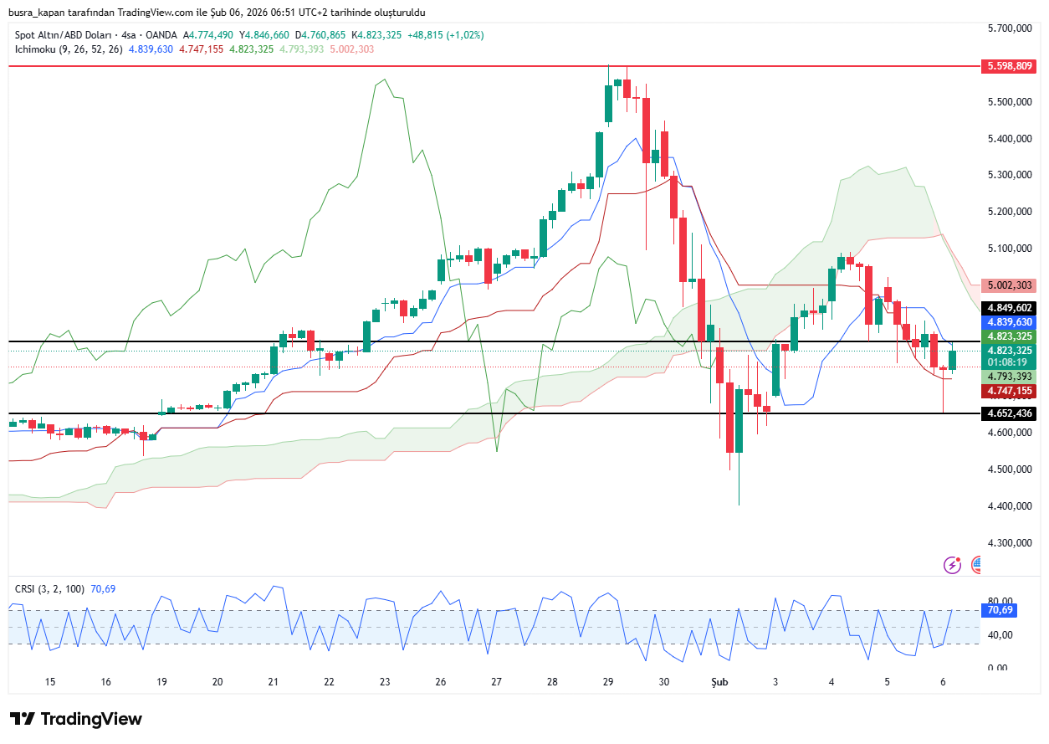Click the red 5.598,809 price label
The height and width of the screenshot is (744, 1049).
coord(1011,65)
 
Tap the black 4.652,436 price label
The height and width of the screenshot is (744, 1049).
coord(1011,413)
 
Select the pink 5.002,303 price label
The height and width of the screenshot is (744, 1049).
coord(1011,285)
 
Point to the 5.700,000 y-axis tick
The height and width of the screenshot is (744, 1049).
coord(1009,28)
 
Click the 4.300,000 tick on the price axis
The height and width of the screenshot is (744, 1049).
coord(1009,542)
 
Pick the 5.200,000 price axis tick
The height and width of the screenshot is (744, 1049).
coord(1009,212)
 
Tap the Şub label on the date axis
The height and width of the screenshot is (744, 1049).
coord(719,682)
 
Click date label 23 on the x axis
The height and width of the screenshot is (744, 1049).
coord(385,682)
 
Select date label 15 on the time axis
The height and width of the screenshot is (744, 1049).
coord(50,682)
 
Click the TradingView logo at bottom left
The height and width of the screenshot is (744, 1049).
coord(76,719)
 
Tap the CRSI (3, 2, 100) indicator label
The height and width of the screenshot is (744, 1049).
coord(49,589)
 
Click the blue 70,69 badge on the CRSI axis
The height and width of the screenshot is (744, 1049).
coord(1000,610)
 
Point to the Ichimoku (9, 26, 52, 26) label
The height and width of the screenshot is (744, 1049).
coord(69,49)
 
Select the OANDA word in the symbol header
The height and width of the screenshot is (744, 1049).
coord(162,35)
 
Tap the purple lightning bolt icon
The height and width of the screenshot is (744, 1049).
coord(952,565)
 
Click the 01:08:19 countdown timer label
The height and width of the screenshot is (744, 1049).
coord(1010,362)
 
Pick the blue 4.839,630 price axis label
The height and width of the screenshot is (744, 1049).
coord(1011,321)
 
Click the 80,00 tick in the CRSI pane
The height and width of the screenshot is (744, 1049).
coord(1000,601)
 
